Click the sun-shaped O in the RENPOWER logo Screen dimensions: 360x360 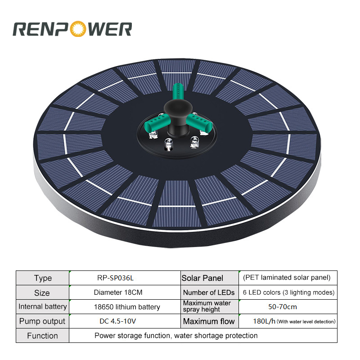point(74,29)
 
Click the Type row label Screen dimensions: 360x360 point(43,278)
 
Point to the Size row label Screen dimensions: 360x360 point(42,292)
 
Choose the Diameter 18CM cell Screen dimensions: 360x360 point(118,292)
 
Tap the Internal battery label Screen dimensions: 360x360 point(43,307)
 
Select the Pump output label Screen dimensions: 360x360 point(42,321)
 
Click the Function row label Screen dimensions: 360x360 point(42,336)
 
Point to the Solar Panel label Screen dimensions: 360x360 point(202,278)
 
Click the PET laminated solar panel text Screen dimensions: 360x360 point(286,277)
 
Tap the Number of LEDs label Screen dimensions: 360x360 point(209,292)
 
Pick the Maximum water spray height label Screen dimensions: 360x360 point(207,306)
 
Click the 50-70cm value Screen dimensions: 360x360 point(282,307)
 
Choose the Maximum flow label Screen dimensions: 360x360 point(209,321)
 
